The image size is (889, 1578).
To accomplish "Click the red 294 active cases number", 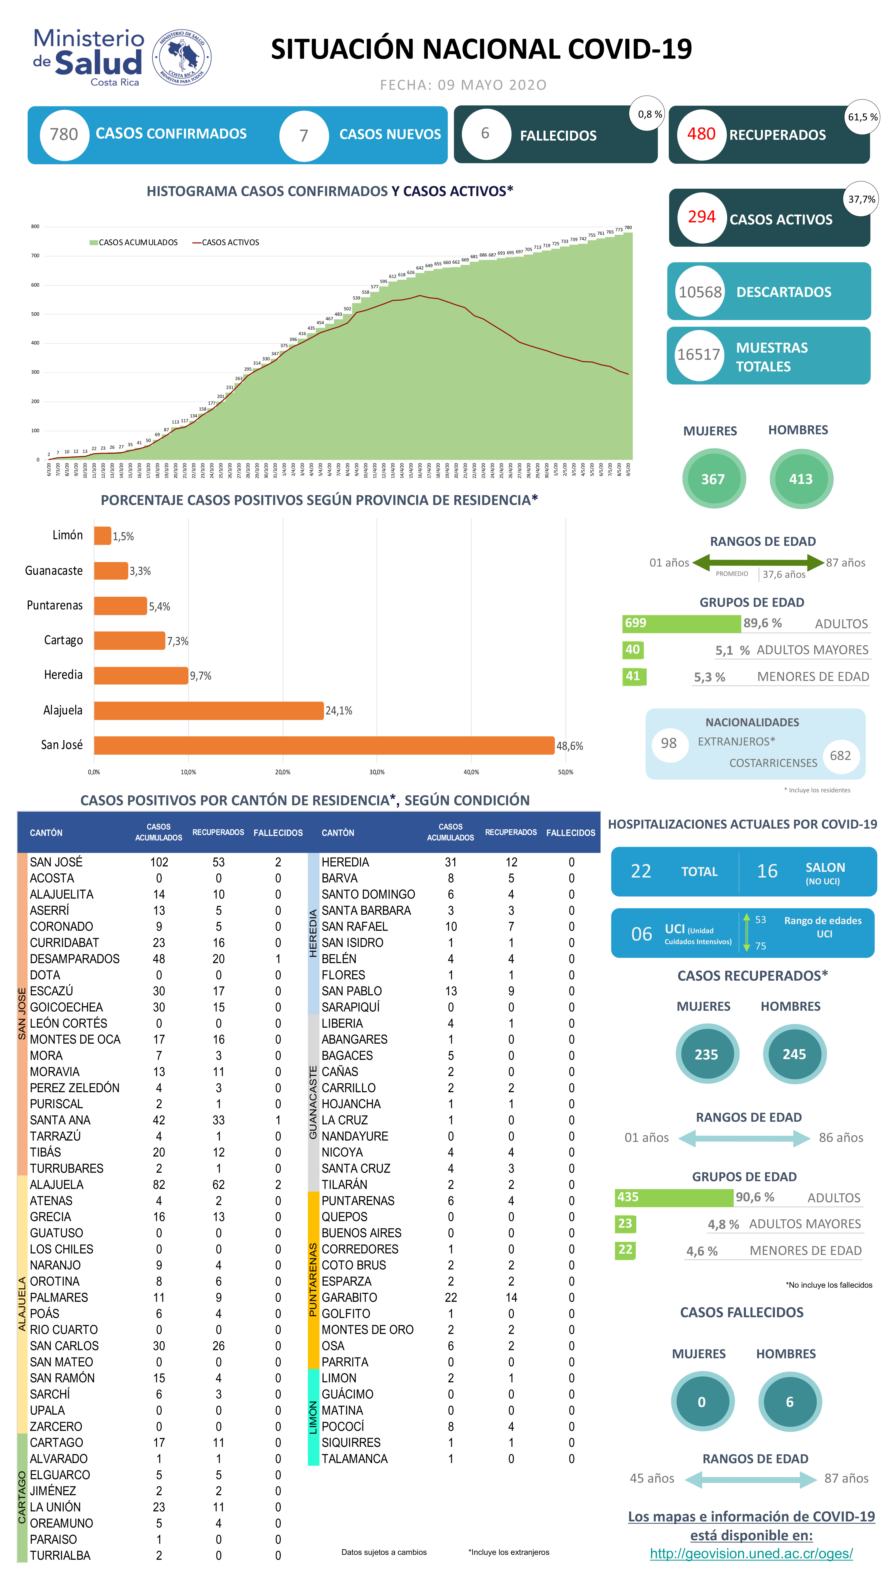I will click(702, 217).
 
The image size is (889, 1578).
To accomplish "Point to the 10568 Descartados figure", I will click(700, 292).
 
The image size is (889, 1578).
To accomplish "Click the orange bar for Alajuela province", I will click(208, 711).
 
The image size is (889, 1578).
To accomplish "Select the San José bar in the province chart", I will click(323, 745).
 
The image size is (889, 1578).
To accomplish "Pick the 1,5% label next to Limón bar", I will click(123, 537).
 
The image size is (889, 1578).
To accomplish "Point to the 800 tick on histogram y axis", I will click(36, 227).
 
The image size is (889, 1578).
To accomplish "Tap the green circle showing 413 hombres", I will click(800, 479).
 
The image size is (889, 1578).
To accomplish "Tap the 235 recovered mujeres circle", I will click(706, 1054).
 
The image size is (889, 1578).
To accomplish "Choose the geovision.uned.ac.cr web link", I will click(751, 1554).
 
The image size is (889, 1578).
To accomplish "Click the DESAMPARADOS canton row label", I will click(75, 959).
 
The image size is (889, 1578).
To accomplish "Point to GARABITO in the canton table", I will click(349, 1297).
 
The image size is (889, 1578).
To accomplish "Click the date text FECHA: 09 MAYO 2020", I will click(463, 85).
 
